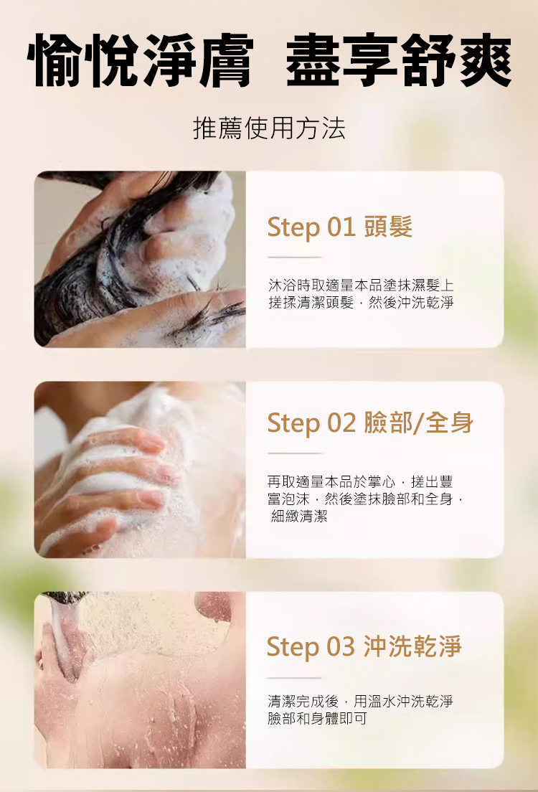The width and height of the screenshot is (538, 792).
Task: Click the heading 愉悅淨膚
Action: (x=140, y=60)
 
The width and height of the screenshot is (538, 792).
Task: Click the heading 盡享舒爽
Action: (x=399, y=60)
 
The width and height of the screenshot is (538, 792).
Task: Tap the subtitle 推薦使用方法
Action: (x=269, y=128)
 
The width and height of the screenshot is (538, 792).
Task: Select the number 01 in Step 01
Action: (x=341, y=226)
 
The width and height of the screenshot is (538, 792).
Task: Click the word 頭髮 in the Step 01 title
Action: (x=388, y=226)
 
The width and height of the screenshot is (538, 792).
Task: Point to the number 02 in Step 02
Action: (x=341, y=423)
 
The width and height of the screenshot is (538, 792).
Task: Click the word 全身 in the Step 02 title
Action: (x=449, y=423)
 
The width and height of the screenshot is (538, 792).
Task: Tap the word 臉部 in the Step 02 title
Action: (x=388, y=423)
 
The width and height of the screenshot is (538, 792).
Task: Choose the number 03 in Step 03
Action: (x=341, y=646)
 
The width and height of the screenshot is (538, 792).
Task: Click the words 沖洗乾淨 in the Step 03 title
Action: (x=412, y=646)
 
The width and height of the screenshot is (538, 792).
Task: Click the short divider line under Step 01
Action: (x=295, y=257)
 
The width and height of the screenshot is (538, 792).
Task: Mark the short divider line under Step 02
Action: (x=295, y=453)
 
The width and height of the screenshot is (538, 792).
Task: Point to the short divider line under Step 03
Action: (x=295, y=678)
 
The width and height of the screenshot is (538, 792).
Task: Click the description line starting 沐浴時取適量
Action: (x=361, y=286)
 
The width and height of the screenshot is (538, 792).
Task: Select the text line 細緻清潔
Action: (x=299, y=517)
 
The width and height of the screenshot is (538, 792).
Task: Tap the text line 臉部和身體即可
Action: (x=317, y=718)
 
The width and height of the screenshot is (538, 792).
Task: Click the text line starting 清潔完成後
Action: (x=361, y=701)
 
